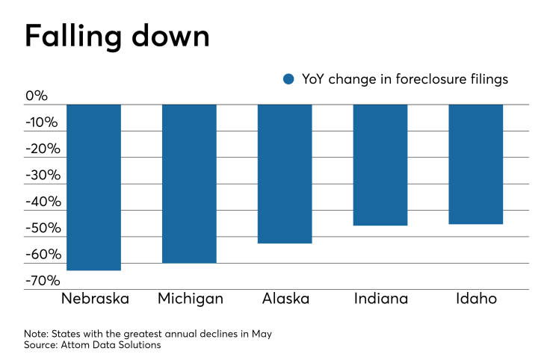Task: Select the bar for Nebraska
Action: (x=94, y=187)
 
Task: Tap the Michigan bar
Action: (x=190, y=183)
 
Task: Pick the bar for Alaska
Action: (x=285, y=173)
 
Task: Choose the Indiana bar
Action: (x=380, y=164)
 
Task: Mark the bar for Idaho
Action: (x=475, y=164)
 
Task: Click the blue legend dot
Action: (x=289, y=79)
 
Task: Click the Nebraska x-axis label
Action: (x=94, y=299)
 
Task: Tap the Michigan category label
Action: (x=190, y=299)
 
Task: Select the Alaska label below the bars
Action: (x=285, y=299)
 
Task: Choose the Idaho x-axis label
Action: (x=475, y=299)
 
